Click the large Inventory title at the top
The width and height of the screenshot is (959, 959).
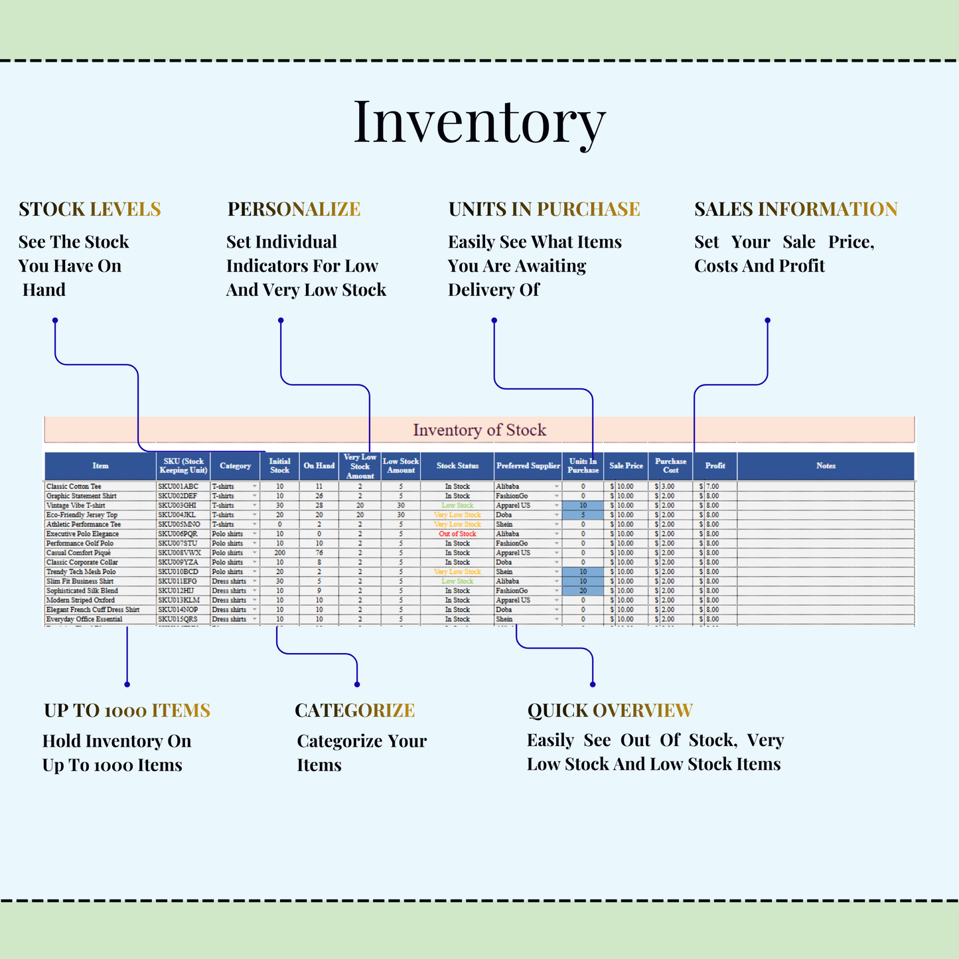(479, 121)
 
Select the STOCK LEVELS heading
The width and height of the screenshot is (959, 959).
(90, 209)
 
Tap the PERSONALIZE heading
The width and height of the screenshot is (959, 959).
(294, 209)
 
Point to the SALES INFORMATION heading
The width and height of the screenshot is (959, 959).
(796, 209)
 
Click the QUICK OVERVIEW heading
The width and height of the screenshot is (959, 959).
(610, 710)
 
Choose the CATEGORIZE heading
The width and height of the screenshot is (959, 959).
(354, 710)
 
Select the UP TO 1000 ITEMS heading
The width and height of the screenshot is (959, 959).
(127, 710)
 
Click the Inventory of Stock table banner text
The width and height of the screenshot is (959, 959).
(479, 430)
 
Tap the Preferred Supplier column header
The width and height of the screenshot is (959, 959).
(528, 466)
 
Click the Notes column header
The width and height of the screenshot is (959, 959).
(826, 466)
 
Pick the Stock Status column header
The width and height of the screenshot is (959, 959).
(457, 466)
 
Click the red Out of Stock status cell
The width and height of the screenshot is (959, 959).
(457, 534)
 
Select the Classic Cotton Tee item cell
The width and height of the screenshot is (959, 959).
(74, 486)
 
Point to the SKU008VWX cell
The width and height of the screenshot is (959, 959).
(179, 553)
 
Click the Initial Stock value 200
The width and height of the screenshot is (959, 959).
(279, 553)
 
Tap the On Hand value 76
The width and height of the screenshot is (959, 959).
(319, 553)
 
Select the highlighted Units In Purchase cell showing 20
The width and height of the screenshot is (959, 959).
(583, 591)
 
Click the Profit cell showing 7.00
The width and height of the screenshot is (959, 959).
(713, 486)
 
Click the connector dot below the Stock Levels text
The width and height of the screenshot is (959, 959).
(55, 321)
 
